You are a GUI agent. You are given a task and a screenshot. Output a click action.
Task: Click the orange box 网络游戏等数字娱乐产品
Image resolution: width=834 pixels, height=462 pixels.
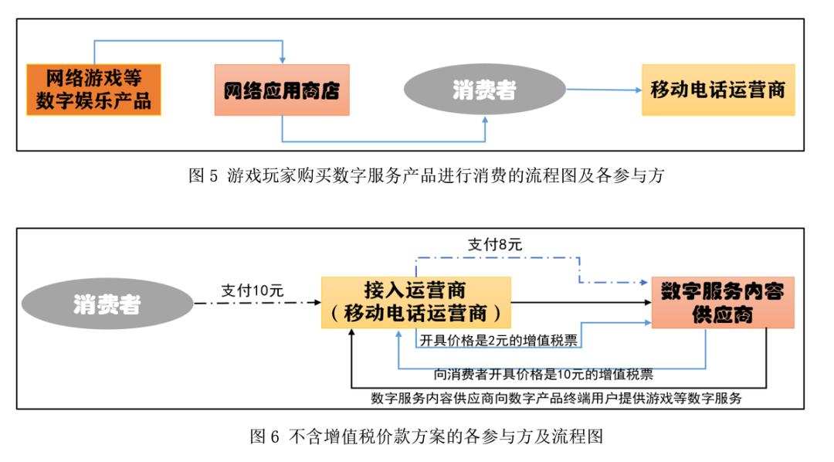tap(93, 90)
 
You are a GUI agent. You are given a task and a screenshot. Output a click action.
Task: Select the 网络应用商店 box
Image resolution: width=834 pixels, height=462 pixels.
tap(281, 90)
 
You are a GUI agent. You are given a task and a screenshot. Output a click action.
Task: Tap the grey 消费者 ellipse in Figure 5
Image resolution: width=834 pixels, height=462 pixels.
tap(484, 90)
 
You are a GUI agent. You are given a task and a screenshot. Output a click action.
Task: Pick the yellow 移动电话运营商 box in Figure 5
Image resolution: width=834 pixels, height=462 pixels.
tap(717, 90)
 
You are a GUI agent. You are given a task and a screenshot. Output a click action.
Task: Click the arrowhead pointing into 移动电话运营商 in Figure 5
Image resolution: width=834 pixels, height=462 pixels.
tap(638, 90)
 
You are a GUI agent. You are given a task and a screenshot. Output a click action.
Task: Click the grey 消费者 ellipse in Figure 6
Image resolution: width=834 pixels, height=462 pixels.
tap(107, 304)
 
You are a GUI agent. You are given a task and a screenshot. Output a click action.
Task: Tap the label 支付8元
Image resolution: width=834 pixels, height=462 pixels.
tap(494, 245)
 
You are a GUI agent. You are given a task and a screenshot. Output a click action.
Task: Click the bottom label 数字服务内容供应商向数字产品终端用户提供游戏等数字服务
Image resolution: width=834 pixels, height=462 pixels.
tap(556, 399)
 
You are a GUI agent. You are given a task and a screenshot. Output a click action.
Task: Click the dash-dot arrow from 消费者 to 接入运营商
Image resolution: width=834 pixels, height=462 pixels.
tap(255, 303)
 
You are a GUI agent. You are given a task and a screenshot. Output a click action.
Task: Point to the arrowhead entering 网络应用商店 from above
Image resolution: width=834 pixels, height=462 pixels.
tap(282, 59)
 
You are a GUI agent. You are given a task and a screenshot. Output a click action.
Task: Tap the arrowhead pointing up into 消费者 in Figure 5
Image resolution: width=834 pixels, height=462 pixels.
tap(485, 121)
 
